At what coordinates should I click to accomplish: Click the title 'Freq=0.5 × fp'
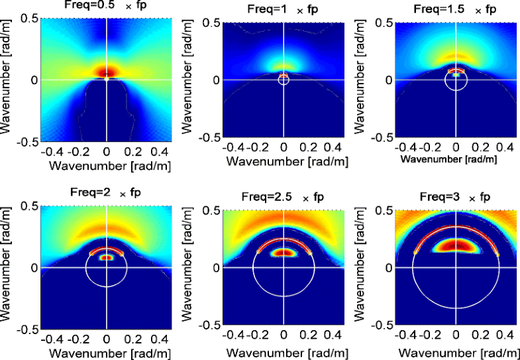[x=106, y=6]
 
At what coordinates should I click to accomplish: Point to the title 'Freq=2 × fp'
[x=106, y=193]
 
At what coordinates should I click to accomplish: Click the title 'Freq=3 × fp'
[x=456, y=197]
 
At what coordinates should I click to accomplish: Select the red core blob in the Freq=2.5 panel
[x=284, y=252]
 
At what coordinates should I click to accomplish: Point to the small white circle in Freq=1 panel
[x=284, y=80]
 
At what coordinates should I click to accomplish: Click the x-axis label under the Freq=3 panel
[x=456, y=351]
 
